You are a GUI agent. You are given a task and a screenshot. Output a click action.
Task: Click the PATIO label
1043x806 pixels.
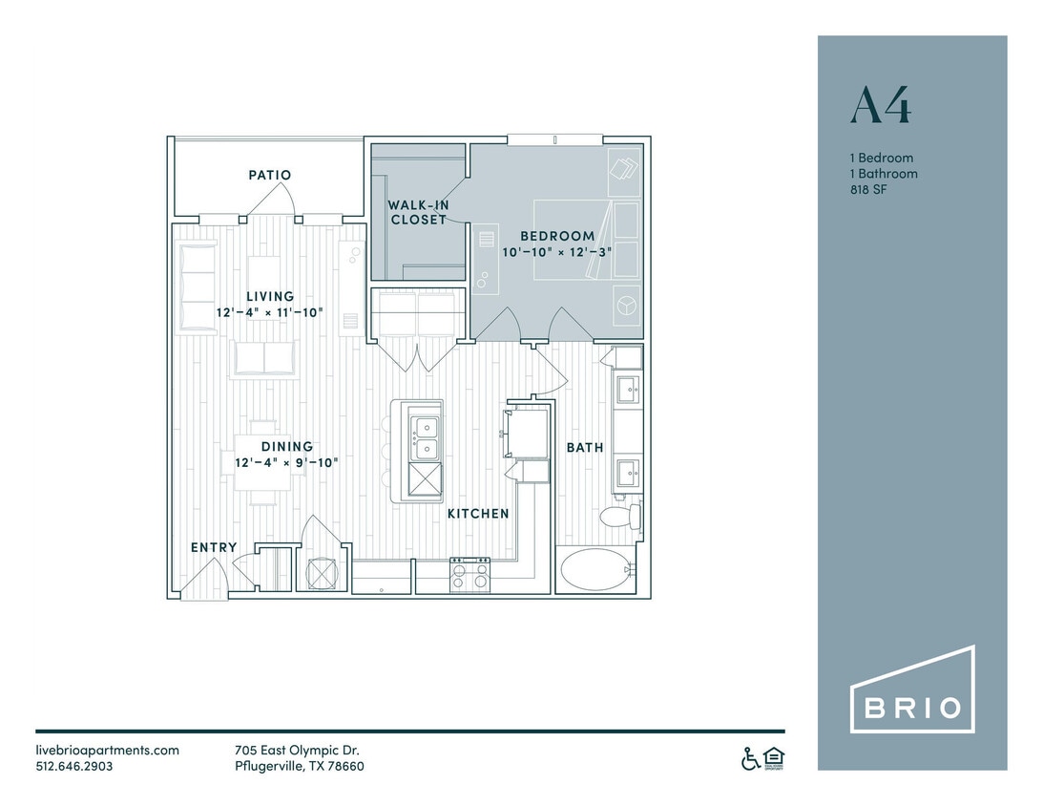[x=269, y=176]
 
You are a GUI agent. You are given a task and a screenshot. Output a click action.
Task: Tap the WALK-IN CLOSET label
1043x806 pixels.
[x=417, y=212]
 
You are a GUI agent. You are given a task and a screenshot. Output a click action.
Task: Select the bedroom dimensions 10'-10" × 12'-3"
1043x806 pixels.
[x=557, y=252]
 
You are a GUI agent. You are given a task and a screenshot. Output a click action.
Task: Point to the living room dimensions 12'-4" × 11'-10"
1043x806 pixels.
[x=270, y=312]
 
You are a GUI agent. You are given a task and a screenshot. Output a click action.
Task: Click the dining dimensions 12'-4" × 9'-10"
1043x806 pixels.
[x=287, y=462]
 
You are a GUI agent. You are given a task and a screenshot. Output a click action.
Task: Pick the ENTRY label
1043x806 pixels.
[x=214, y=547]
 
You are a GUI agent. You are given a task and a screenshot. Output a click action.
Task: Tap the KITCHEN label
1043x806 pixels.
[x=478, y=514]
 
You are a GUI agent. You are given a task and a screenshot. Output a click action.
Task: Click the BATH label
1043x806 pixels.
[x=585, y=447]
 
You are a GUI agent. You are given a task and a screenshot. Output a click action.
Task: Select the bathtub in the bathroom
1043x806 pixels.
[x=595, y=571]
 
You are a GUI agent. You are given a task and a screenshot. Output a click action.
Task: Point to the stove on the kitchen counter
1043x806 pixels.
[x=469, y=574]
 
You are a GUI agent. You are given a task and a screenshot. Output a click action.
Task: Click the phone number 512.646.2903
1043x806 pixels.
[x=74, y=766]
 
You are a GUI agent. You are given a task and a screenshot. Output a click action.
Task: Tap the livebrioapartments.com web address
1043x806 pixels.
[x=108, y=750]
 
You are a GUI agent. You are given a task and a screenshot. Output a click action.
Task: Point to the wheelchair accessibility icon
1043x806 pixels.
[x=751, y=758]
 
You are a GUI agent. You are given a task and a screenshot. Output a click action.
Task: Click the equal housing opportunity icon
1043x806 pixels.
[x=774, y=758]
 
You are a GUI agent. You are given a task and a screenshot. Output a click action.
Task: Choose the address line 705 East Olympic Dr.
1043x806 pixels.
[x=297, y=750]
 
